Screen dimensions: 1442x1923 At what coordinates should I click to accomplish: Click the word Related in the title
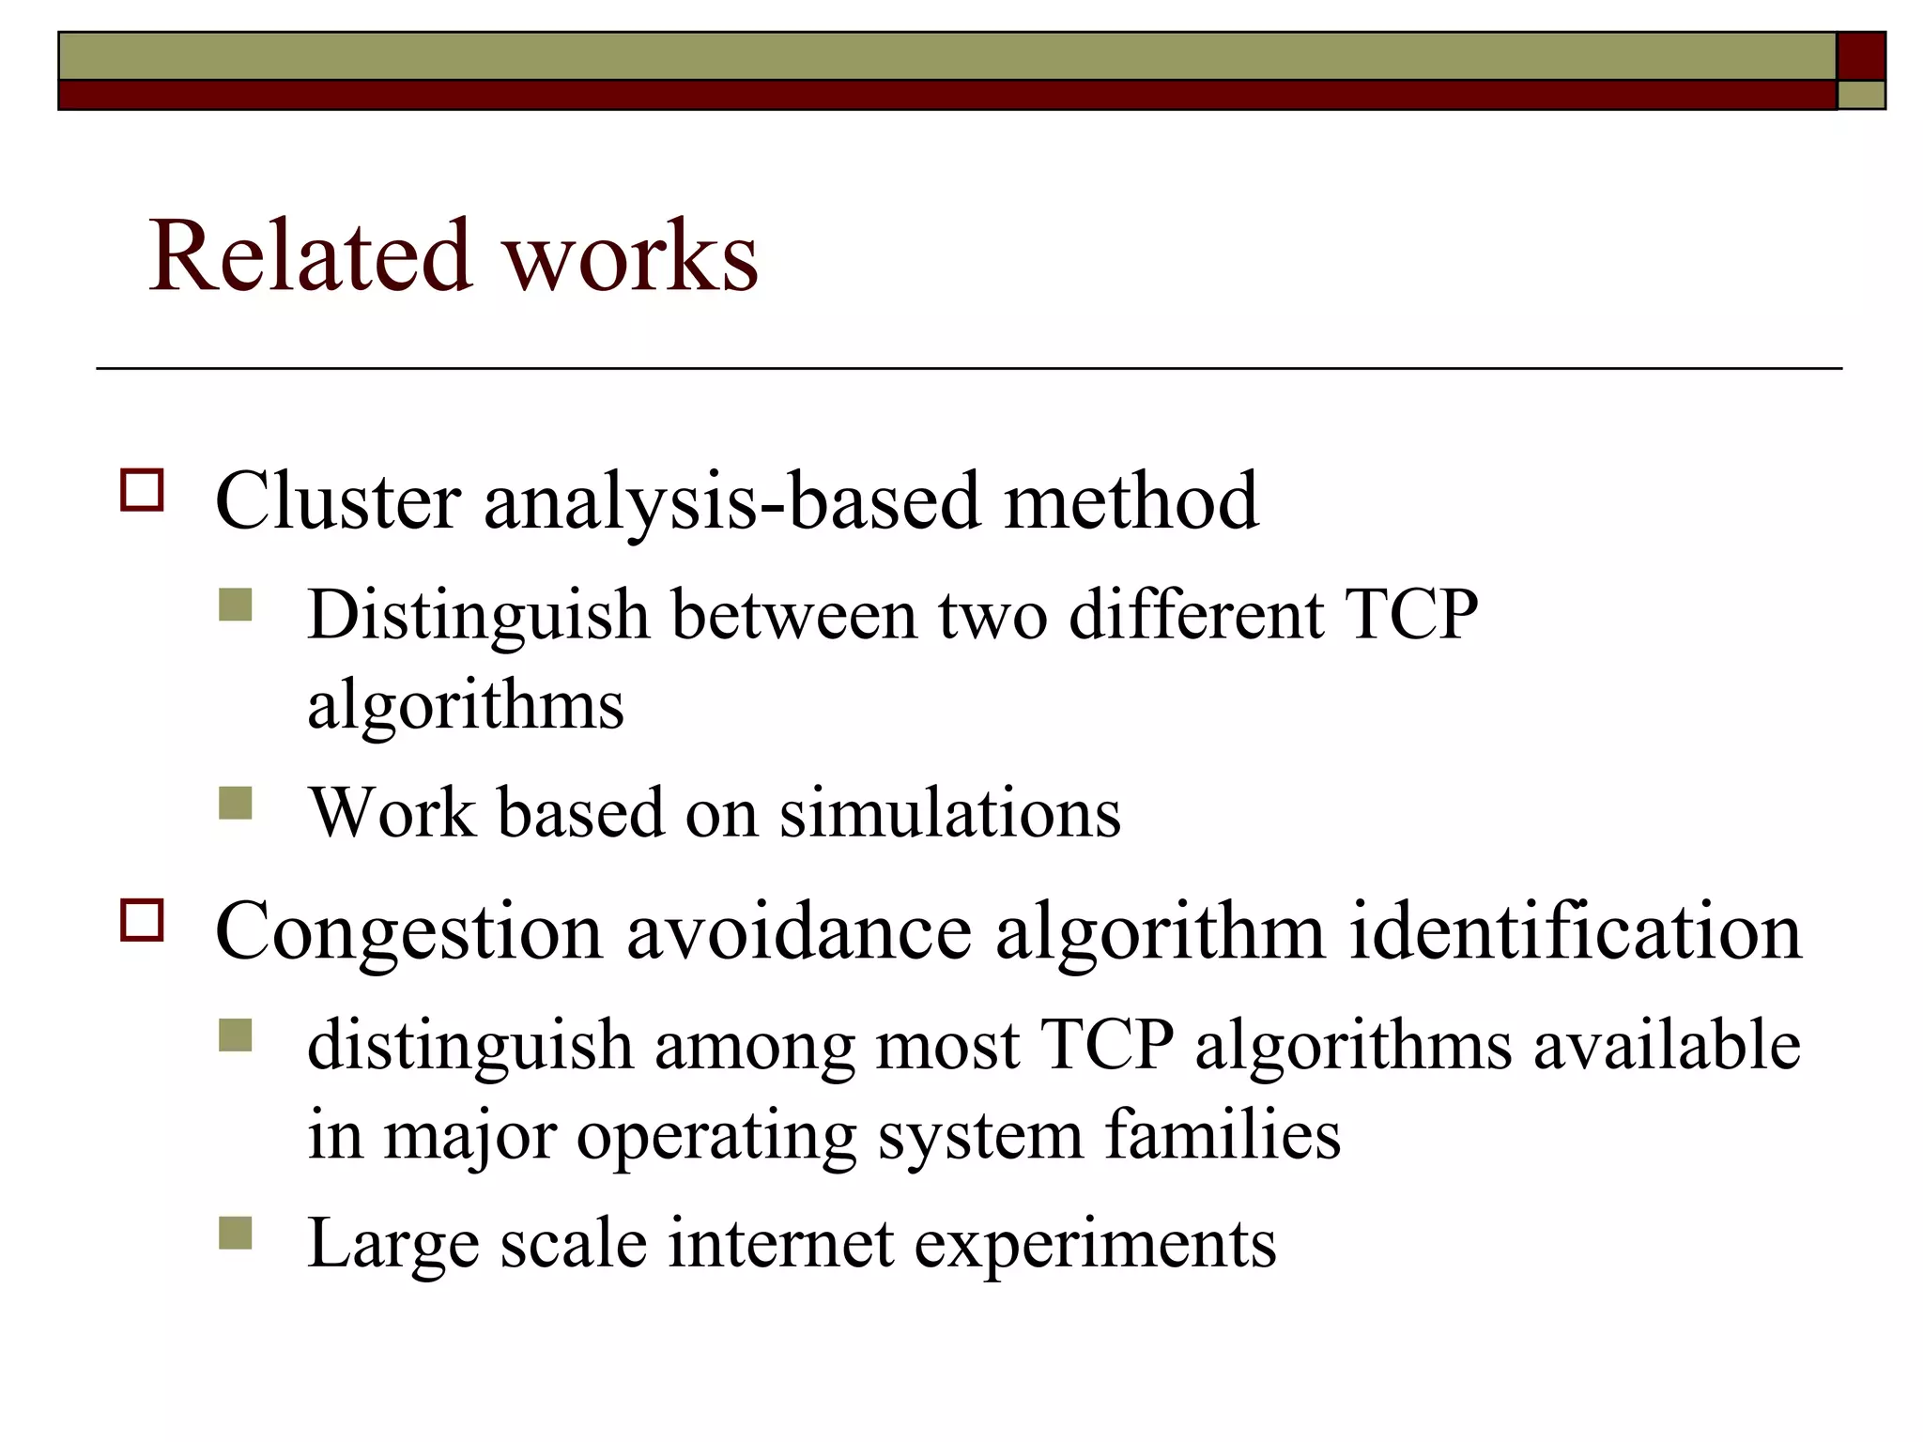tap(310, 255)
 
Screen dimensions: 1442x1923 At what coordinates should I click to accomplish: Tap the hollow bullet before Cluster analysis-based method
tap(142, 489)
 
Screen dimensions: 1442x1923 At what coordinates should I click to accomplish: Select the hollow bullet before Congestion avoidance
tap(142, 920)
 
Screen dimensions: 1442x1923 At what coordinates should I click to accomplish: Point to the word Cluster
tap(337, 501)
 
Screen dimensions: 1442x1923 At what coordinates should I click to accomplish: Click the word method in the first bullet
tap(1131, 501)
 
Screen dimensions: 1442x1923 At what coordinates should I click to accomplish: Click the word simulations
tap(949, 812)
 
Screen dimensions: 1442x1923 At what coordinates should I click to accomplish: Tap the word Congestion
tap(408, 932)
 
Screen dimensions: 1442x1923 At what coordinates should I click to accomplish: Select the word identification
tap(1575, 932)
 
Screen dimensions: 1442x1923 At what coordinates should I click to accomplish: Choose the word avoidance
tap(798, 932)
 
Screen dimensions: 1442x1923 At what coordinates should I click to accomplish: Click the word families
tap(1223, 1134)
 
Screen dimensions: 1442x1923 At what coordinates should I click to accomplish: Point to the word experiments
tap(1095, 1243)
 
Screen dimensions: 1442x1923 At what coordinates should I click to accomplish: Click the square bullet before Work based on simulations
tap(235, 803)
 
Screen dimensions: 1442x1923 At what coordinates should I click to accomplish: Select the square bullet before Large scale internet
tap(235, 1234)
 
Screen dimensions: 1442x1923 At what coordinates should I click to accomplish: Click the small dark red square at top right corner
tap(1861, 56)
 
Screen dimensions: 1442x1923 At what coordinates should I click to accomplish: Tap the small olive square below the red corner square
tap(1861, 95)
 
